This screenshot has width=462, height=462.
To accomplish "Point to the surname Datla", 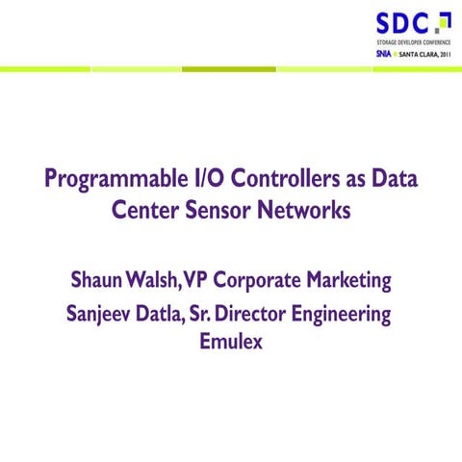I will tap(165, 314).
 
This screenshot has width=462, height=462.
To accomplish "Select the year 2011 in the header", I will tap(442, 54).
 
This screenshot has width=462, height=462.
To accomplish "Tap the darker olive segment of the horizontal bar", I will tap(229, 68).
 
